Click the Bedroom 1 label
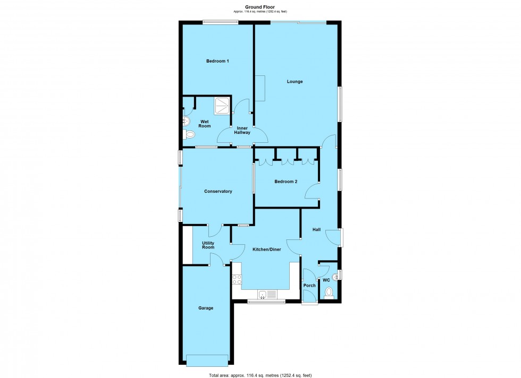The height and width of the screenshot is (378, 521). [x=217, y=61]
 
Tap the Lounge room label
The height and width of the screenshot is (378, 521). [x=295, y=81]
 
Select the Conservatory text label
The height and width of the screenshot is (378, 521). [x=218, y=191]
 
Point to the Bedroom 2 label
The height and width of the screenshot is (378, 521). [x=285, y=182]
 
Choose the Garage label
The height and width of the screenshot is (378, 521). [x=206, y=307]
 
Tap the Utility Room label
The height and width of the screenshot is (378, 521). [x=208, y=245]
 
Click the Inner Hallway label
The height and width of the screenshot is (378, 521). [x=243, y=130]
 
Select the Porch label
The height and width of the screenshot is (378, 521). [x=309, y=286]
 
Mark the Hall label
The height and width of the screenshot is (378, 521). [x=316, y=229]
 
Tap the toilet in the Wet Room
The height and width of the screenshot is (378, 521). [x=189, y=135]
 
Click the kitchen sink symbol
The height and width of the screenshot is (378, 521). [x=266, y=294]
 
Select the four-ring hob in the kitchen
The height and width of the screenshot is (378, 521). [x=237, y=279]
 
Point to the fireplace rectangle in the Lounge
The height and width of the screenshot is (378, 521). [x=260, y=88]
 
